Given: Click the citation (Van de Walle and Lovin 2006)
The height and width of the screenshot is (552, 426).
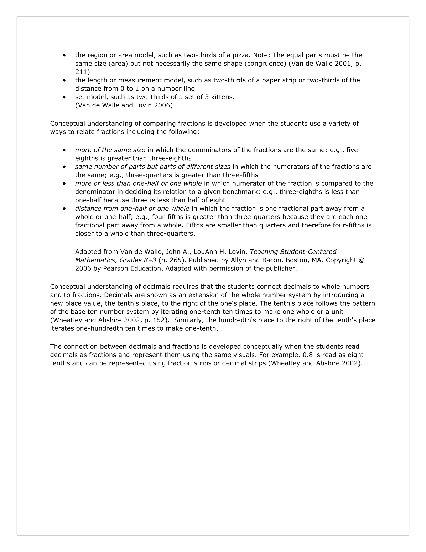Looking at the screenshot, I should [x=124, y=105].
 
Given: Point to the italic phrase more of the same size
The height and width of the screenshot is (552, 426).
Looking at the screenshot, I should [x=110, y=150].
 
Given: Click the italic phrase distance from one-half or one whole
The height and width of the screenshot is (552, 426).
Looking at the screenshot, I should [x=132, y=209].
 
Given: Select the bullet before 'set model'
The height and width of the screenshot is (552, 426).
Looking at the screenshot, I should [x=65, y=97].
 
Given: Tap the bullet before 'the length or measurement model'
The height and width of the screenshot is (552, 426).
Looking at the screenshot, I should [x=65, y=80].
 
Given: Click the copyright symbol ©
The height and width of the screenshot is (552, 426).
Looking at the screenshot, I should [x=361, y=260].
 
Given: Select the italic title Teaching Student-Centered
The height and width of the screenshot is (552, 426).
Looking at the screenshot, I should [x=293, y=252].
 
